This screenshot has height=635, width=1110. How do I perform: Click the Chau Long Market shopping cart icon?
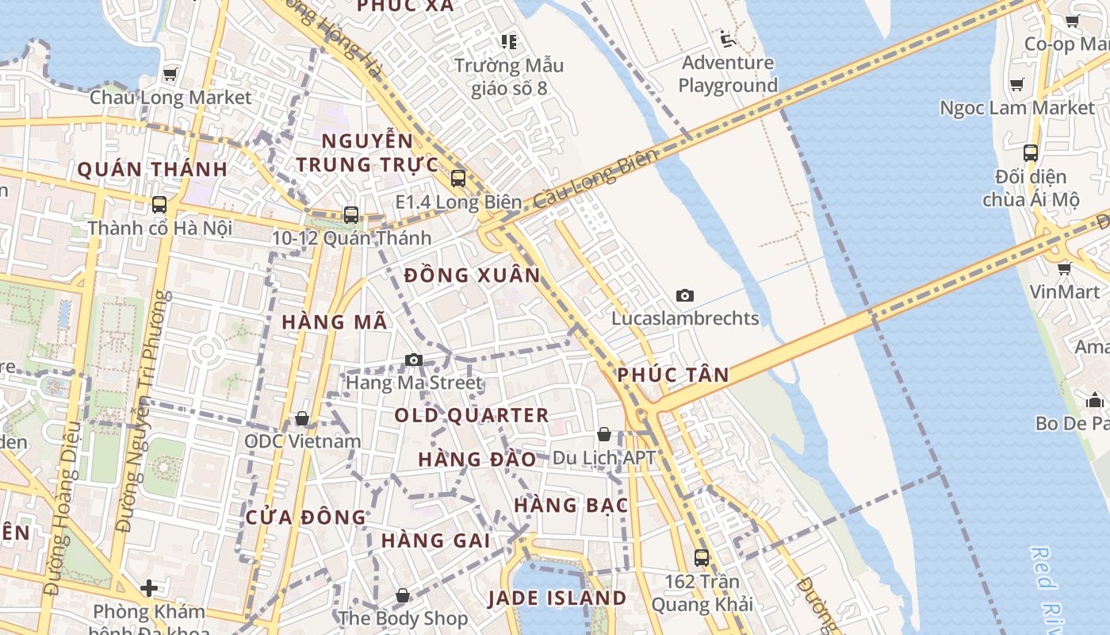pyautogui.click(x=170, y=75)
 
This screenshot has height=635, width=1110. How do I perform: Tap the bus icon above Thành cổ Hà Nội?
pyautogui.click(x=159, y=205)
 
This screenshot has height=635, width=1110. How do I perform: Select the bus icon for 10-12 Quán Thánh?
pyautogui.click(x=350, y=215)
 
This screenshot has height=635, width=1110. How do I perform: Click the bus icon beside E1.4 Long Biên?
pyautogui.click(x=458, y=179)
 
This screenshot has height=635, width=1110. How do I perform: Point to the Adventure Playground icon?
pyautogui.click(x=727, y=39)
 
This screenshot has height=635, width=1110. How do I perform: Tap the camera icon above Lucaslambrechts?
pyautogui.click(x=685, y=296)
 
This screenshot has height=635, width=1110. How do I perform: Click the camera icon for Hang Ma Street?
pyautogui.click(x=413, y=360)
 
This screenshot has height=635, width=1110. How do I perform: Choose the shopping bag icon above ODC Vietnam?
pyautogui.click(x=302, y=418)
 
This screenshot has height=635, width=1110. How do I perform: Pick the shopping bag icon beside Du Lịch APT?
pyautogui.click(x=604, y=435)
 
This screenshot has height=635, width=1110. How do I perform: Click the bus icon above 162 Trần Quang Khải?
pyautogui.click(x=702, y=558)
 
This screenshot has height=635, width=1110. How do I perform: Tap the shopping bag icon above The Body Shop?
pyautogui.click(x=403, y=595)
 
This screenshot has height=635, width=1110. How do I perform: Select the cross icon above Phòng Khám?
pyautogui.click(x=149, y=588)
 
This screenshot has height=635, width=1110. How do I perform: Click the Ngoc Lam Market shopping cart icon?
pyautogui.click(x=1017, y=84)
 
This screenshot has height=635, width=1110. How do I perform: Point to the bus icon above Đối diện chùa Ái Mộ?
pyautogui.click(x=1031, y=153)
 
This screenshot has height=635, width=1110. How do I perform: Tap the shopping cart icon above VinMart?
pyautogui.click(x=1065, y=269)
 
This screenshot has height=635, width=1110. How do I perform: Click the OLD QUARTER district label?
pyautogui.click(x=472, y=415)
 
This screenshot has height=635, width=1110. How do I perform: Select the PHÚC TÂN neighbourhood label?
pyautogui.click(x=673, y=375)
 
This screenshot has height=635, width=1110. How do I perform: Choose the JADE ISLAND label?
pyautogui.click(x=557, y=598)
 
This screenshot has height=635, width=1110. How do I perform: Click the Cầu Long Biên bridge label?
pyautogui.click(x=595, y=179)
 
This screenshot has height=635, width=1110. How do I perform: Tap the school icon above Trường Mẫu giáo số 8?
pyautogui.click(x=508, y=41)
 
